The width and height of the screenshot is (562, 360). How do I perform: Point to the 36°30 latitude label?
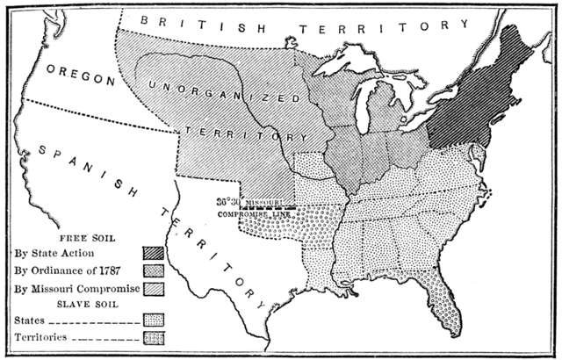click(227, 201)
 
